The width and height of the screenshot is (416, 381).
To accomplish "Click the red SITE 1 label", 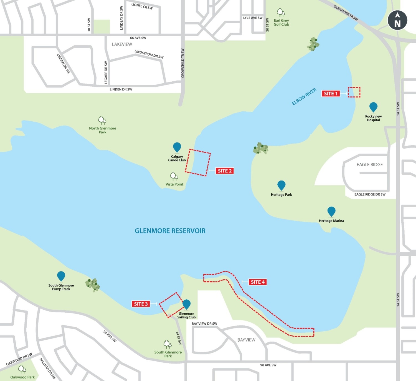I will click(331, 94).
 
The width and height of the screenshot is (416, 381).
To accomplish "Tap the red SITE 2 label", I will click(225, 171).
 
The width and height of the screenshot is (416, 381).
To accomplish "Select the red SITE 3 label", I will click(141, 304).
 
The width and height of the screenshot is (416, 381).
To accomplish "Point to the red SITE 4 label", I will click(258, 282).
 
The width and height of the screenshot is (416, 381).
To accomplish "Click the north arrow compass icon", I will click(397, 21).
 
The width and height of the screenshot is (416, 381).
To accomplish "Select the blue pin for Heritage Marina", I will click(331, 211).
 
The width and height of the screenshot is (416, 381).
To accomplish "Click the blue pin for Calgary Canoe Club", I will click(177, 147).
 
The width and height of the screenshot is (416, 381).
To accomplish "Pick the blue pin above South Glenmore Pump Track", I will click(61, 276).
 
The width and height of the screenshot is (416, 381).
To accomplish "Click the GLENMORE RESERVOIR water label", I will click(170, 231).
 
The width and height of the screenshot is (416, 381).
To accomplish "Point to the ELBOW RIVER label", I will click(304, 97).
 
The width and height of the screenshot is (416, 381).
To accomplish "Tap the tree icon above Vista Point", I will click(174, 176).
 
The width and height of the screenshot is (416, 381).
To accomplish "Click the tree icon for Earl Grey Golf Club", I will click(281, 12).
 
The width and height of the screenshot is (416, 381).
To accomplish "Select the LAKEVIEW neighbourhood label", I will click(122, 44).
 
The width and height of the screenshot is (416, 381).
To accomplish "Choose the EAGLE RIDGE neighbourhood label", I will click(369, 165).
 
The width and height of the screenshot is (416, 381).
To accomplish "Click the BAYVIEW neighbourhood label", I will click(246, 340).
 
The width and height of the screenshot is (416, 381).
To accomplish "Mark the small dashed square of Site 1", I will click(354, 92).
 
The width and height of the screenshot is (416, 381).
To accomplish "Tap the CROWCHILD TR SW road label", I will click(182, 63).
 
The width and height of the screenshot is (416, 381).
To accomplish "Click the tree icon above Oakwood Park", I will click(22, 369).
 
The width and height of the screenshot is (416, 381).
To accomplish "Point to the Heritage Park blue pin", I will click(281, 185).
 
